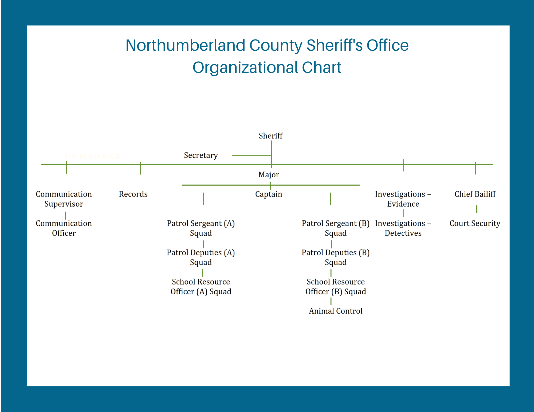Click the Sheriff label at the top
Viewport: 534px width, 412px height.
(x=270, y=136)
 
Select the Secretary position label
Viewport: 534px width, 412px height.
(x=201, y=155)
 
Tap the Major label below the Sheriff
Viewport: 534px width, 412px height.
(x=269, y=175)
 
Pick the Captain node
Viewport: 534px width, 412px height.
(x=269, y=194)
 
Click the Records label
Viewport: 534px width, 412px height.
(x=133, y=194)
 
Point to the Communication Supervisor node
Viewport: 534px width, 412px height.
(x=64, y=199)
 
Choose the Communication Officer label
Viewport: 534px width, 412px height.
(x=64, y=228)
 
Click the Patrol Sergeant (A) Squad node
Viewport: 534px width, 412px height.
(x=201, y=228)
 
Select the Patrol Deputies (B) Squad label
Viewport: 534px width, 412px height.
(x=336, y=257)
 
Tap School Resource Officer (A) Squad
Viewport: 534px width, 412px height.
(x=201, y=287)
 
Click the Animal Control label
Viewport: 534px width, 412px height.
(x=336, y=311)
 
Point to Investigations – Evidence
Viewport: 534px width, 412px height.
(x=403, y=199)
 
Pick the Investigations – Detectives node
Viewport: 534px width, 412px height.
(x=403, y=228)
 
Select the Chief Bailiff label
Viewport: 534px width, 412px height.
(x=475, y=194)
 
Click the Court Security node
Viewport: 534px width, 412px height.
(x=475, y=223)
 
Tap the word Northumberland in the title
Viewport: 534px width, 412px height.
(x=185, y=45)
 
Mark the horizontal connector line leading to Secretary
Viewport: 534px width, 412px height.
(x=251, y=155)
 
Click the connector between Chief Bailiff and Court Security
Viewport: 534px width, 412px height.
(x=477, y=209)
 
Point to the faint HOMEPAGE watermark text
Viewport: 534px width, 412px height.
(x=93, y=156)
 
